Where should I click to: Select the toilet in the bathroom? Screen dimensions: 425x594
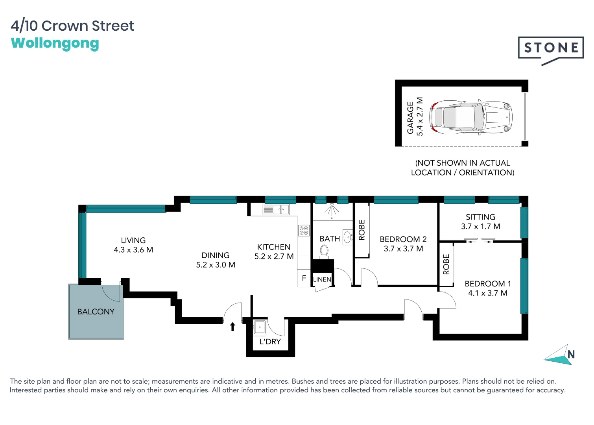[324, 251]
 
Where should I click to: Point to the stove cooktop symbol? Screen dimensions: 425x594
[304, 230]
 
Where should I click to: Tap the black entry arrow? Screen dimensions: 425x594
[232, 326]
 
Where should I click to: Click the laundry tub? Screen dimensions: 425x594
[260, 327]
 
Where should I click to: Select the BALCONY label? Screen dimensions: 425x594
[96, 312]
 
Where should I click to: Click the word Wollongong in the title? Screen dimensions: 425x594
[55, 43]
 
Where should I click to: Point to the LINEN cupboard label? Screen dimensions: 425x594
[322, 279]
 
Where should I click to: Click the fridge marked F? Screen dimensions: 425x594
[304, 278]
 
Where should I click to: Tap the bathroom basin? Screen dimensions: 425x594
[347, 237]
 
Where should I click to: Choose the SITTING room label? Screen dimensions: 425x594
[480, 217]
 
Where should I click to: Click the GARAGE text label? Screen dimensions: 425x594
[410, 118]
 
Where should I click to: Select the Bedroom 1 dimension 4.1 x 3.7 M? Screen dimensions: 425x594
[487, 293]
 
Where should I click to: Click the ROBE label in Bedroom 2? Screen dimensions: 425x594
[362, 230]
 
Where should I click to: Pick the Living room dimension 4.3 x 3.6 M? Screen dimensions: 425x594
[133, 250]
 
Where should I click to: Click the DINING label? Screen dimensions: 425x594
[215, 255]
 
